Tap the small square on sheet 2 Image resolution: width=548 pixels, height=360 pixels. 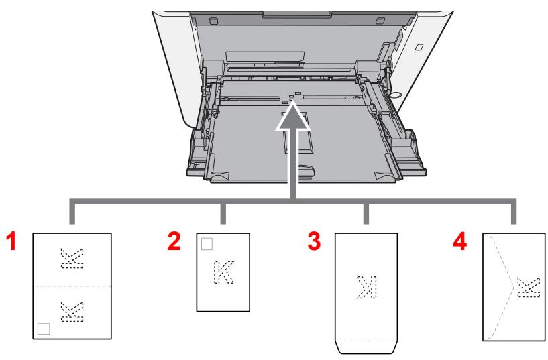point(205,241)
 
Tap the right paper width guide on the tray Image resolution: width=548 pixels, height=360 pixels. point(368,70)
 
